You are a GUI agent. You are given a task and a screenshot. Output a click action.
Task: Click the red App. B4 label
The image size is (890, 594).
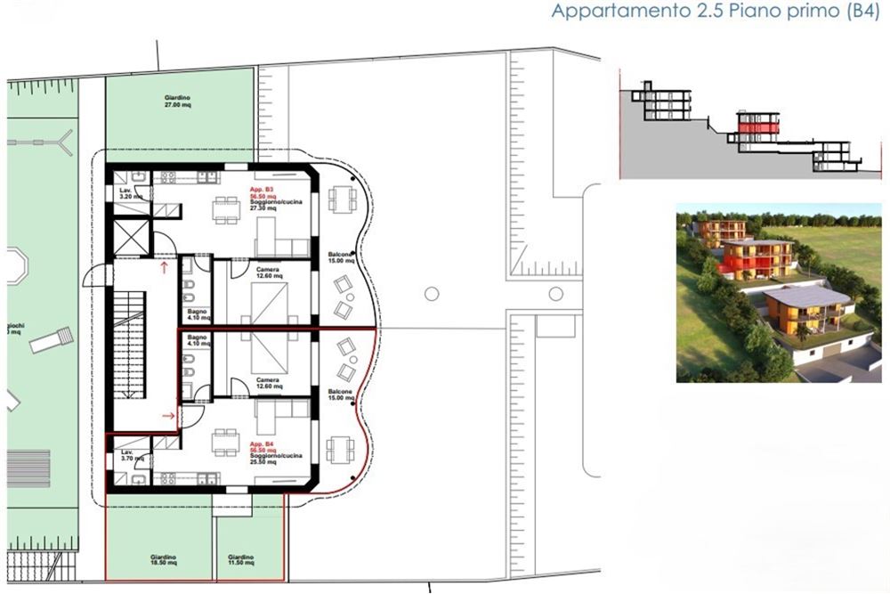click(262, 444)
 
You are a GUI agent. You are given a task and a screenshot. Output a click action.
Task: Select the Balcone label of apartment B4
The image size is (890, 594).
click(337, 395)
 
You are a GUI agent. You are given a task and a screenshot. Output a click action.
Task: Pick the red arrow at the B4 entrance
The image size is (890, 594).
click(167, 415)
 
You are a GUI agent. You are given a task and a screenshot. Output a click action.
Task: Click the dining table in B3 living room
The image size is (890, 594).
click(225, 211)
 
